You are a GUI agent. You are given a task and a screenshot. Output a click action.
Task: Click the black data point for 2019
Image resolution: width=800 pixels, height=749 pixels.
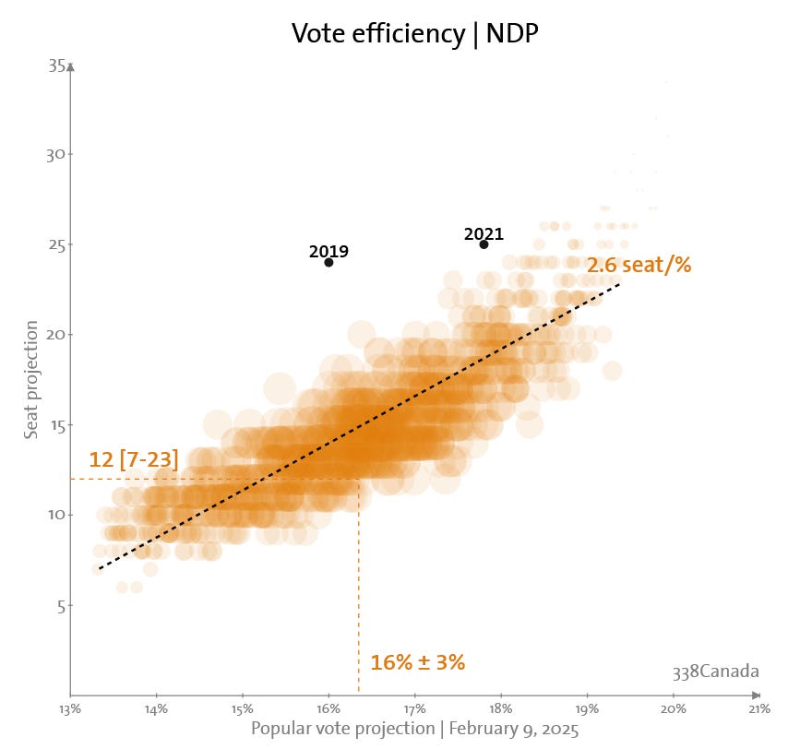tap(328, 263)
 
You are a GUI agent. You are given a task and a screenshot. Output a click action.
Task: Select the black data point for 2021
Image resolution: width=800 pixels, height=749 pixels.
tap(484, 244)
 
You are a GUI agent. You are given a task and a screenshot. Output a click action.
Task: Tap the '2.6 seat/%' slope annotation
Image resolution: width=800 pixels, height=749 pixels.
tap(639, 265)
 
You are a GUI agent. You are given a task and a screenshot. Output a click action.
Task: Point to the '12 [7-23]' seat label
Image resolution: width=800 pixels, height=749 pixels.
tap(134, 459)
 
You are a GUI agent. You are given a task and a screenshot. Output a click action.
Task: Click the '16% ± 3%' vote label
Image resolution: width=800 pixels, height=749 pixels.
tap(417, 662)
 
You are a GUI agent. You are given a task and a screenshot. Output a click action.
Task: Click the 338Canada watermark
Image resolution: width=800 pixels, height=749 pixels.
tap(715, 671)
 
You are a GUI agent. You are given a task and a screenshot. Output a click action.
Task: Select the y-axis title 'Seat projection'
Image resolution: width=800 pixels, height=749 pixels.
tap(31, 380)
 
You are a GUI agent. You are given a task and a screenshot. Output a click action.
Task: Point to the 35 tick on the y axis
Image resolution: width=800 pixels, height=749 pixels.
tap(56, 65)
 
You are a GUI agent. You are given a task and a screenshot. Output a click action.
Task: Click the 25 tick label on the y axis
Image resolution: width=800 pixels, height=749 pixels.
tap(56, 244)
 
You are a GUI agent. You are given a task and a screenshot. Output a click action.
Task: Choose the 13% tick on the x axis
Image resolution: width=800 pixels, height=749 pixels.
tap(70, 708)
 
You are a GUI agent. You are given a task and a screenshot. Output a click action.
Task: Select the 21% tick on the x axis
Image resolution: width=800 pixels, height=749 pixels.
tap(759, 708)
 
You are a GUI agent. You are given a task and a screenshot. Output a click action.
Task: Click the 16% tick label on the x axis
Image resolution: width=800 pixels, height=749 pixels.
tap(328, 708)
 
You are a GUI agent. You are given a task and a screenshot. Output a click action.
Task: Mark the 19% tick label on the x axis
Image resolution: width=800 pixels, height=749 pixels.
tap(587, 708)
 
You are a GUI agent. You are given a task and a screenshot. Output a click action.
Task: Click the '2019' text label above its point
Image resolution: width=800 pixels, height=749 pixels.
tap(328, 251)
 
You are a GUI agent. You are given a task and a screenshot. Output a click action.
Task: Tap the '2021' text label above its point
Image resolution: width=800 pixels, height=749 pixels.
tap(484, 234)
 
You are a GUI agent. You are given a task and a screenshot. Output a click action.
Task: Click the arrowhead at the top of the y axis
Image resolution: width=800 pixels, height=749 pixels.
tap(70, 66)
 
